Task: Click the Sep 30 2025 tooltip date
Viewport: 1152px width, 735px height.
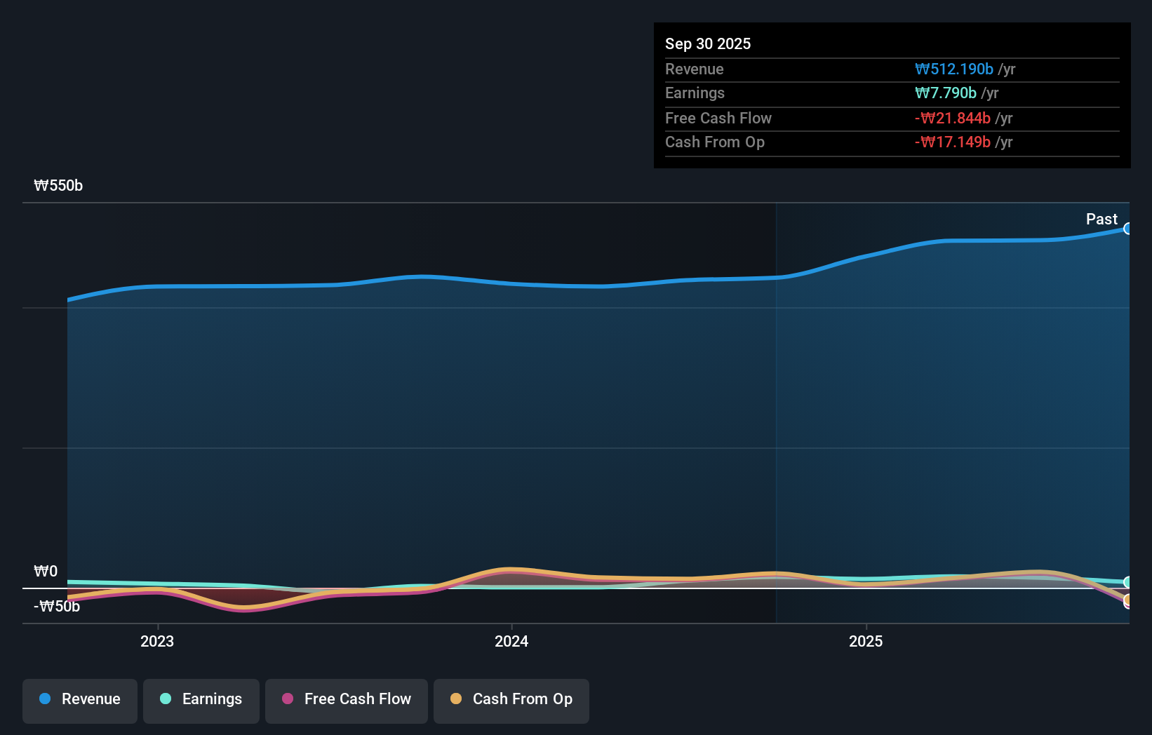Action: (x=707, y=43)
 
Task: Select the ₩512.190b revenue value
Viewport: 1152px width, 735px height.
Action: (x=953, y=69)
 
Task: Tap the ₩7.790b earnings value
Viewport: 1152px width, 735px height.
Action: (x=945, y=93)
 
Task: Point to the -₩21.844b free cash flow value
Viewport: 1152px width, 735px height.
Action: (x=952, y=118)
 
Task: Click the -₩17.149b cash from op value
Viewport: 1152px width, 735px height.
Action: (x=952, y=142)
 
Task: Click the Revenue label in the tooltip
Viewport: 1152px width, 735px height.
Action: (x=694, y=69)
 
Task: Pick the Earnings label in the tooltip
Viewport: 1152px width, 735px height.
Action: (x=695, y=93)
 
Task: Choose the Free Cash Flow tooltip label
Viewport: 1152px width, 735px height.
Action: (x=718, y=118)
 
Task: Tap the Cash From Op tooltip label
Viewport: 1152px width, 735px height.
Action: (x=714, y=142)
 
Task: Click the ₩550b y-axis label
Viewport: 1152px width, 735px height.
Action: (x=58, y=185)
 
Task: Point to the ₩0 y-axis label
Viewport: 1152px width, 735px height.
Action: (x=46, y=571)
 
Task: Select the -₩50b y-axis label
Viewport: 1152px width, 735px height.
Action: (x=57, y=606)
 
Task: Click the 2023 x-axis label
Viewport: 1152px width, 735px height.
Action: (x=157, y=641)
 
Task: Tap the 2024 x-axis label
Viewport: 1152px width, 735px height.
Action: (x=511, y=641)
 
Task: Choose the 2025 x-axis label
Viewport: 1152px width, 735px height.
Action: (x=866, y=641)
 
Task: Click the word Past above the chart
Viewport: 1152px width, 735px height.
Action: (x=1101, y=219)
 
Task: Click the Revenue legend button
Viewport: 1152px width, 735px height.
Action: (x=80, y=699)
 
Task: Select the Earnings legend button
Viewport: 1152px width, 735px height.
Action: (x=201, y=699)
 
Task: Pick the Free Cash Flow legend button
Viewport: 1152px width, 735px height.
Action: (x=347, y=699)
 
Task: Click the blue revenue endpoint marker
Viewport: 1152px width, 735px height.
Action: (x=1127, y=229)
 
